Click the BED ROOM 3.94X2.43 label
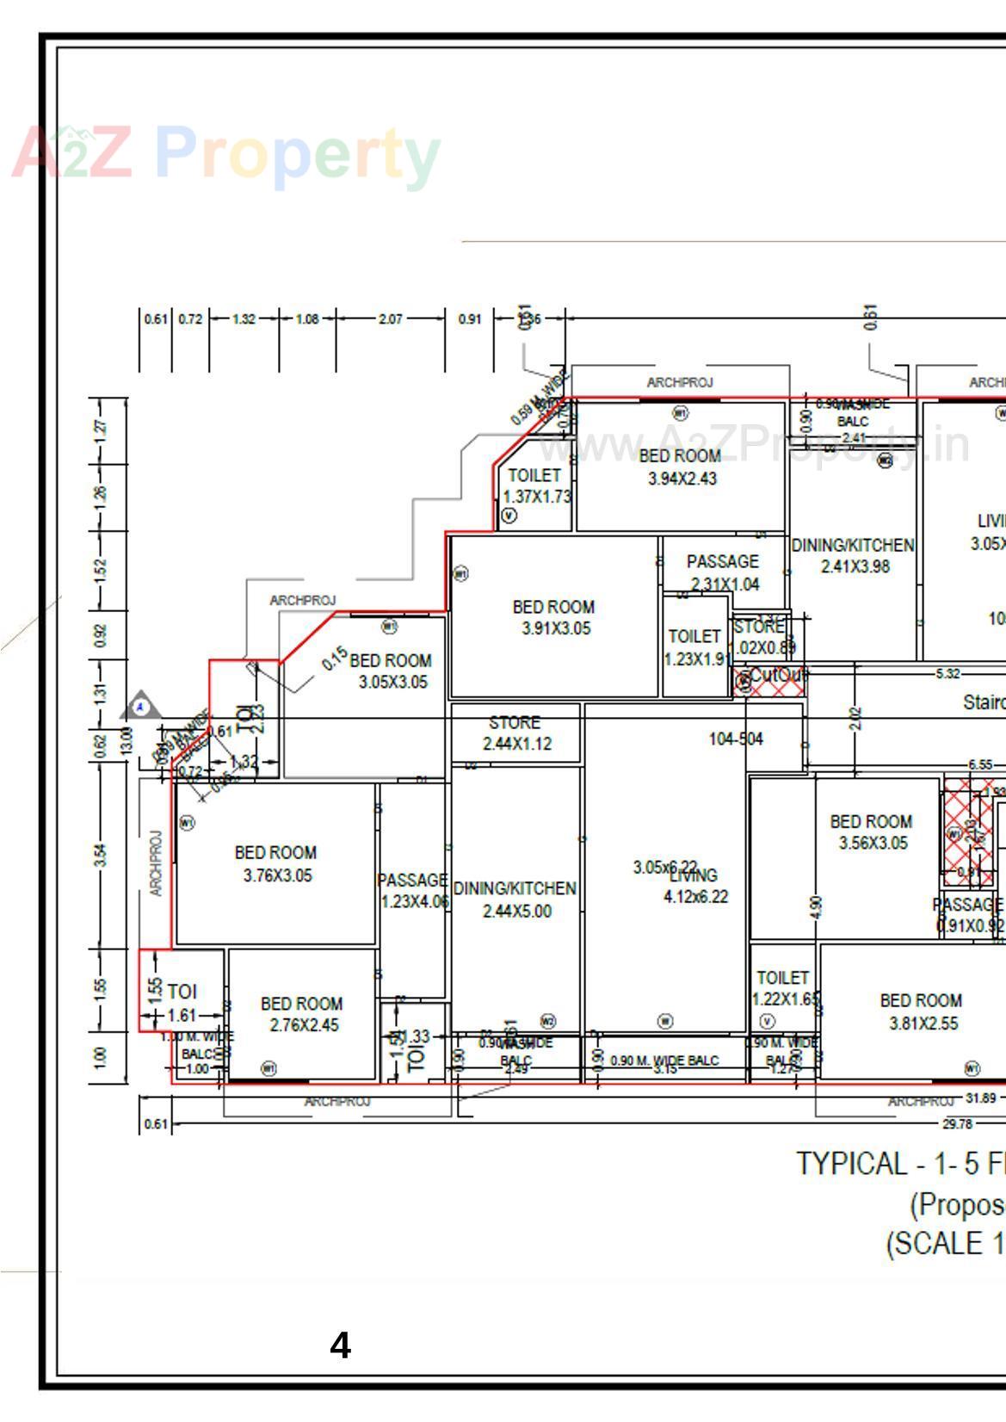pyautogui.click(x=680, y=467)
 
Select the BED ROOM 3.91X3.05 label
pyautogui.click(x=554, y=617)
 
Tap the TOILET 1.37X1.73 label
pyautogui.click(x=535, y=485)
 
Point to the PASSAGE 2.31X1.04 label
pyautogui.click(x=723, y=572)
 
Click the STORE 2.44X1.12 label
pyautogui.click(x=515, y=733)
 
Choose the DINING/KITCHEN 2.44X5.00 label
pyautogui.click(x=515, y=900)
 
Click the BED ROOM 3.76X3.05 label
pyautogui.click(x=276, y=863)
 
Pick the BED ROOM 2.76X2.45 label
pyautogui.click(x=302, y=1014)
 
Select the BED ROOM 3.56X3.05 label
pyautogui.click(x=871, y=832)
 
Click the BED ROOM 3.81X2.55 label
pyautogui.click(x=921, y=1011)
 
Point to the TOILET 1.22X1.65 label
pyautogui.click(x=782, y=988)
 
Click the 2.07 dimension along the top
pyautogui.click(x=390, y=318)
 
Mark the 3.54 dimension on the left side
pyautogui.click(x=101, y=855)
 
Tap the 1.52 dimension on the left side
pyautogui.click(x=101, y=570)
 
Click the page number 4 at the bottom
pyautogui.click(x=340, y=1345)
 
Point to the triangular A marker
pyautogui.click(x=141, y=707)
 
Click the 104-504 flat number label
pyautogui.click(x=736, y=739)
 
